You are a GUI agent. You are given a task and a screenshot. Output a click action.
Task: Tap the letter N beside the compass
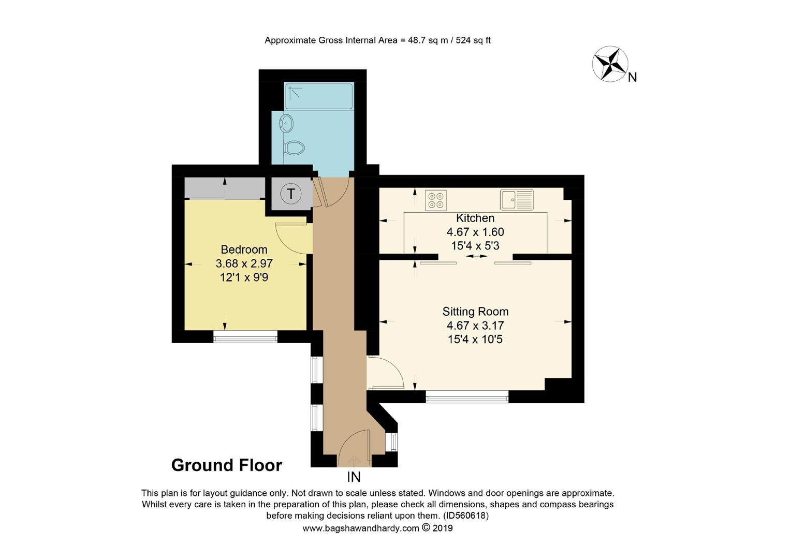[632, 78]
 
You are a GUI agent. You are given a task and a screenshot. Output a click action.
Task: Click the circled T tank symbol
[291, 194]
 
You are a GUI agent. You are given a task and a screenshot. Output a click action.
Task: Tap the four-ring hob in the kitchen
[436, 200]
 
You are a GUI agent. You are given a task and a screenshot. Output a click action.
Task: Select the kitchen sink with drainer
[517, 200]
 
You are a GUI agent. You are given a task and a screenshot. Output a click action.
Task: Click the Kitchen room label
[475, 218]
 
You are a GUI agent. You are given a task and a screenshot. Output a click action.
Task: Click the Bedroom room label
[244, 249]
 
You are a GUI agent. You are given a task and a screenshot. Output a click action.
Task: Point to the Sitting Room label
[475, 312]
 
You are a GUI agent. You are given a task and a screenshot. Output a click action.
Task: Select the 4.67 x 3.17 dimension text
[475, 326]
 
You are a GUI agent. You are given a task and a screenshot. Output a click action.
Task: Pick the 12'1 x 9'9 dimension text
[244, 277]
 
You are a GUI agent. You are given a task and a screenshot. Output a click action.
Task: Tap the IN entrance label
[354, 477]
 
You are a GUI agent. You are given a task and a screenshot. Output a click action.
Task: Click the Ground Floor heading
[227, 465]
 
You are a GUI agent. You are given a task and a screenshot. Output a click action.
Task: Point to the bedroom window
[245, 339]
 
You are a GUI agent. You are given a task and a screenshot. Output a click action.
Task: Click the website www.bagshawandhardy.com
[360, 528]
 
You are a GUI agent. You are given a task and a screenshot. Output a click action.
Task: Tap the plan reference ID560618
[466, 516]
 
